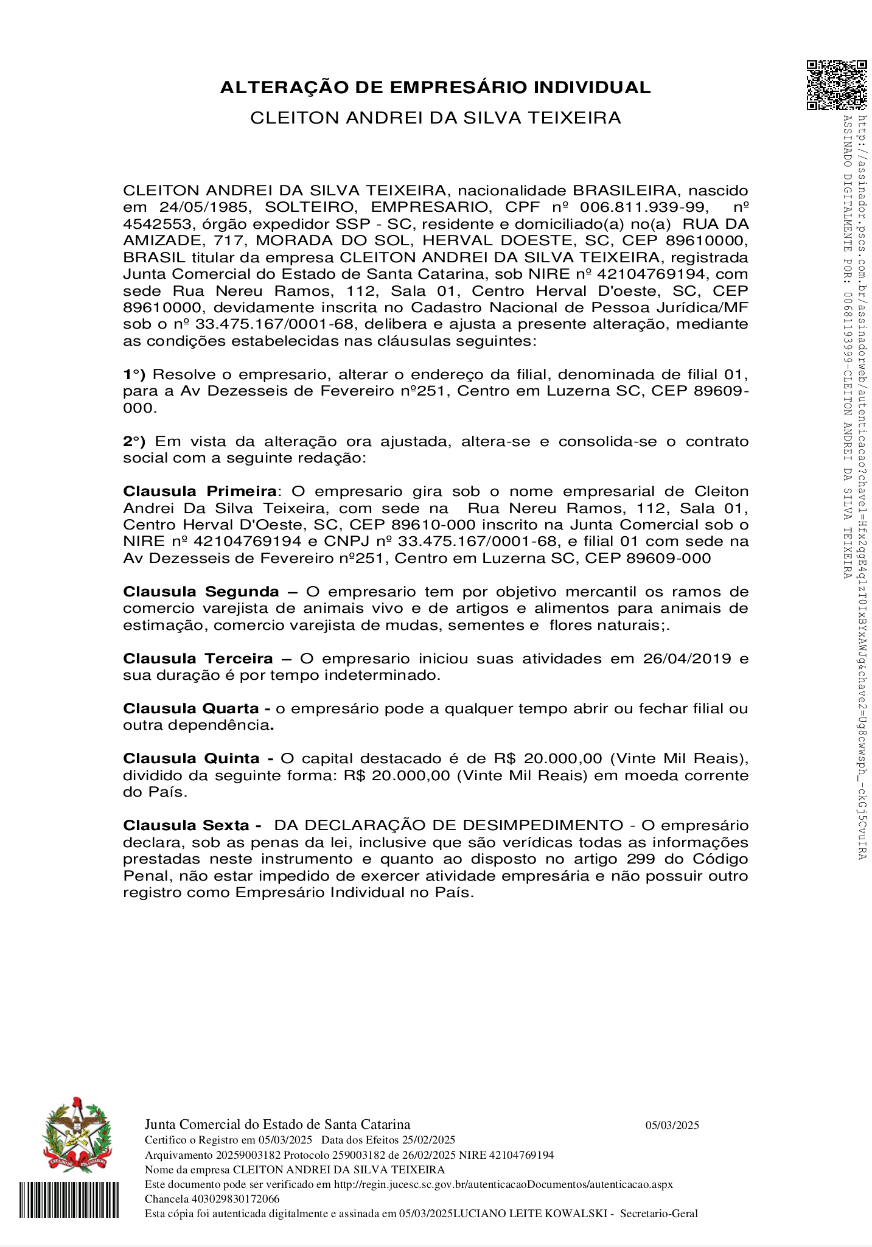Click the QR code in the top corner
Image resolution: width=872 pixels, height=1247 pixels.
[835, 85]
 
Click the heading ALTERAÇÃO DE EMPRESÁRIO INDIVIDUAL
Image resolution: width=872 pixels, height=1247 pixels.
[435, 88]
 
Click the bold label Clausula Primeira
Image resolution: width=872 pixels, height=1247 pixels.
[200, 491]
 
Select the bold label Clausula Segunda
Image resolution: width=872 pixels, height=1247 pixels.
[201, 592]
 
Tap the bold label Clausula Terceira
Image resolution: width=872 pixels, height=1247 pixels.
[198, 658]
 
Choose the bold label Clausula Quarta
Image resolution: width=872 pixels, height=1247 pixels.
[191, 708]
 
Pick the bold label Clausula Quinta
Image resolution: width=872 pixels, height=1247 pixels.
[191, 758]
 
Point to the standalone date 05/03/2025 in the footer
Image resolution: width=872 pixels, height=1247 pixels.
[672, 1125]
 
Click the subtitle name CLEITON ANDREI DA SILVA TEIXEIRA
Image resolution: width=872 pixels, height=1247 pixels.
[435, 118]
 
